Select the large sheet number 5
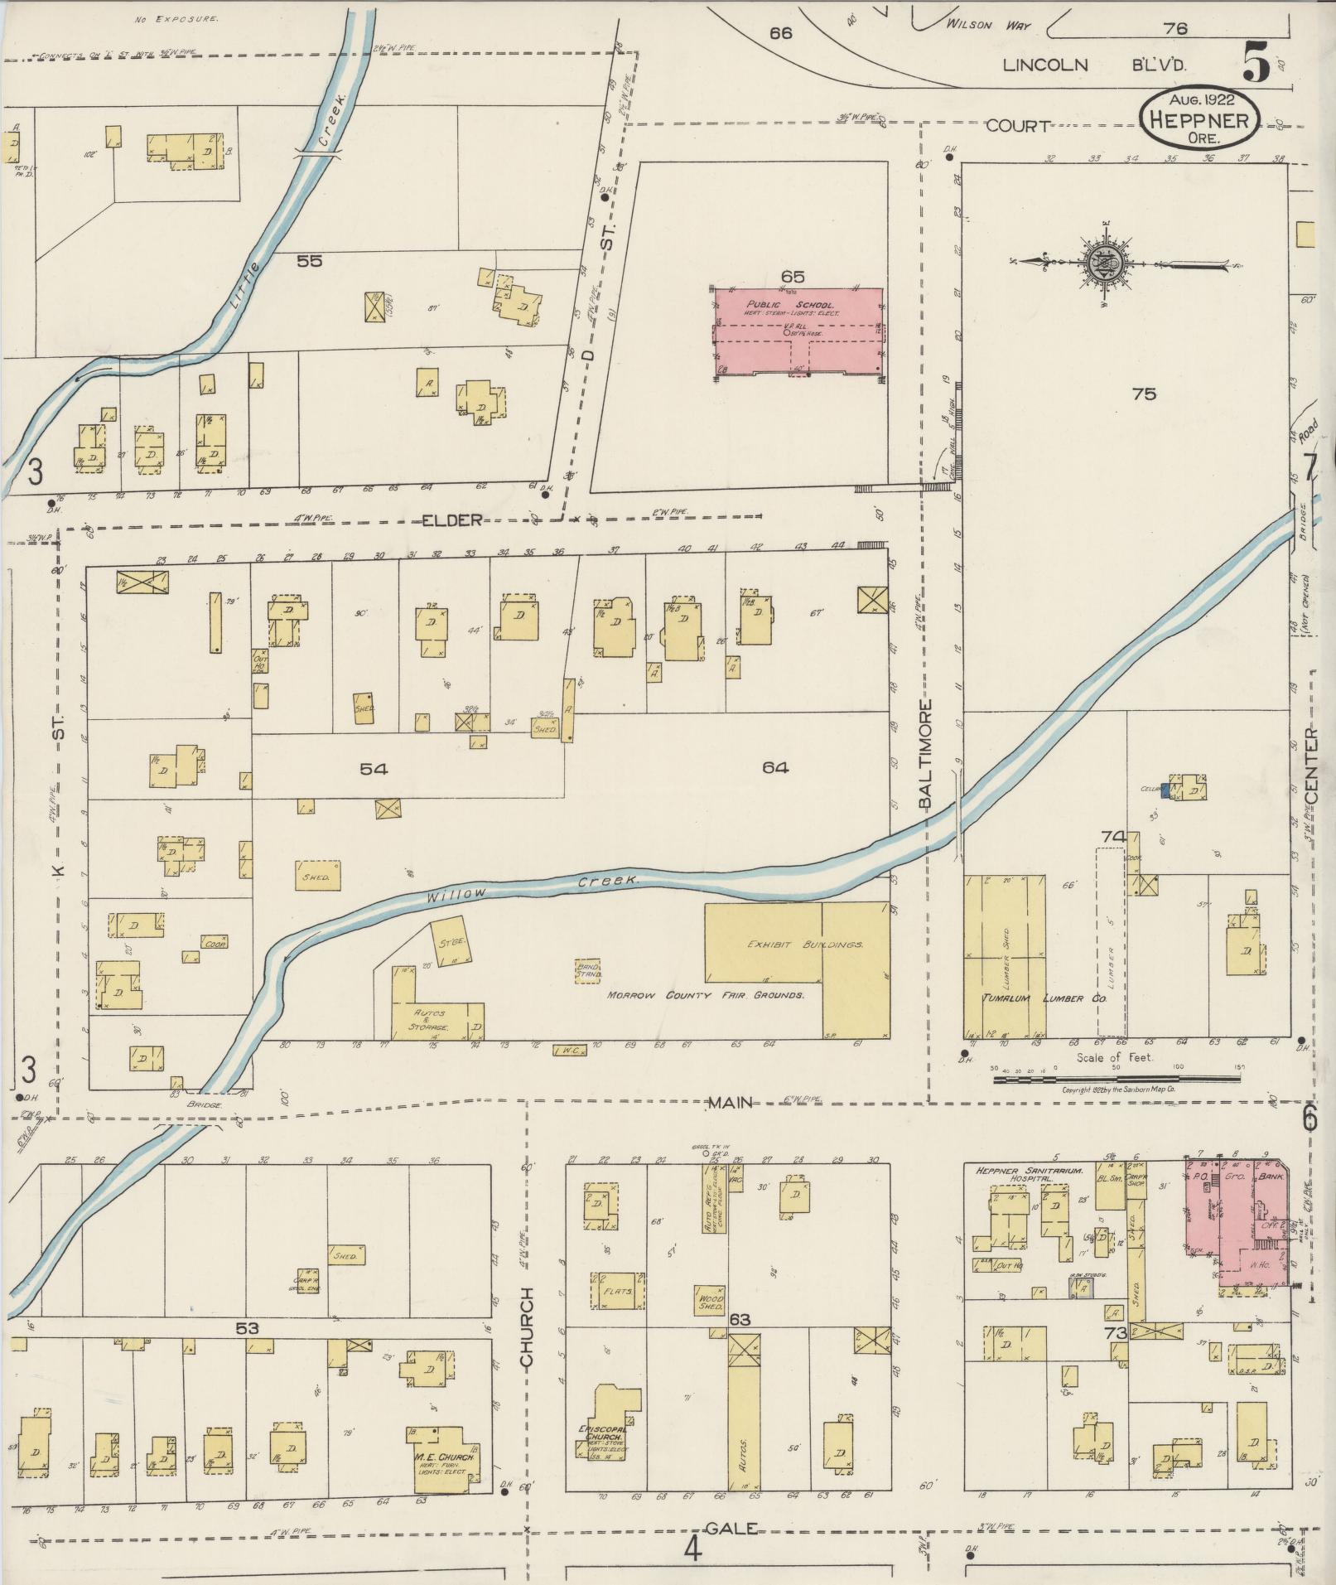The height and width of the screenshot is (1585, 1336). pyautogui.click(x=1257, y=63)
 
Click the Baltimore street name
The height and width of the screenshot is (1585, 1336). pyautogui.click(x=925, y=754)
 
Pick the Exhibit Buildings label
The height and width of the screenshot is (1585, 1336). pyautogui.click(x=805, y=945)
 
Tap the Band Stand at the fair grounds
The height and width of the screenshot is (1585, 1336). pyautogui.click(x=588, y=970)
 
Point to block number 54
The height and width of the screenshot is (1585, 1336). pyautogui.click(x=374, y=769)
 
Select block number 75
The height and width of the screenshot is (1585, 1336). pyautogui.click(x=1144, y=394)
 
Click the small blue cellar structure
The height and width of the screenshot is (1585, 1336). pyautogui.click(x=1166, y=790)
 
